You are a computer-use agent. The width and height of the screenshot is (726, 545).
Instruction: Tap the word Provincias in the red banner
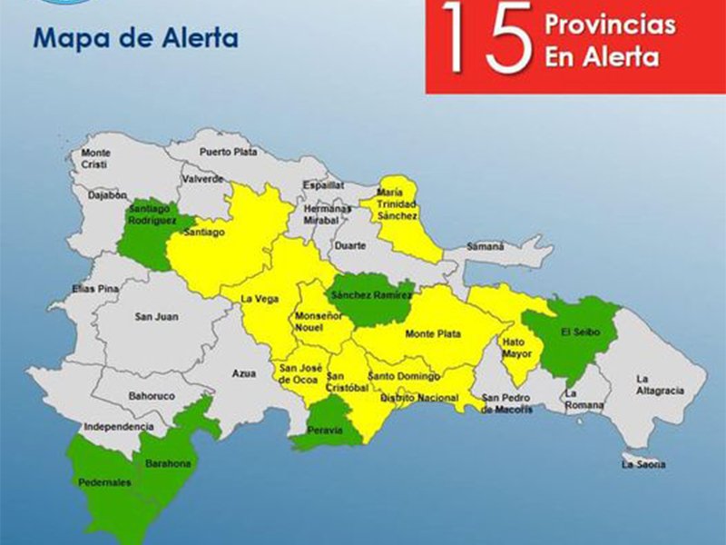pos(610,25)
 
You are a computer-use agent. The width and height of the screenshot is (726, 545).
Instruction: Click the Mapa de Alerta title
pos(135,39)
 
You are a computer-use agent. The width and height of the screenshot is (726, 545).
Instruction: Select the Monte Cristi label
pos(95,158)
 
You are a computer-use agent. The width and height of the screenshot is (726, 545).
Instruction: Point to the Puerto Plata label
pos(228,152)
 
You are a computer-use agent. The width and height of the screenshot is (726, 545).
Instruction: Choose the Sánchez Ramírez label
pos(368,296)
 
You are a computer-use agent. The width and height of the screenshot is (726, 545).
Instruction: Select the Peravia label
pos(325,431)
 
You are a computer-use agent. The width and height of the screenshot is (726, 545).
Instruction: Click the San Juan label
pos(155,317)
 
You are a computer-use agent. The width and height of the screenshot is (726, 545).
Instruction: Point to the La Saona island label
pos(643,465)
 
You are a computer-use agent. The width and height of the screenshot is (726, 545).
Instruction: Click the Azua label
pos(244,373)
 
